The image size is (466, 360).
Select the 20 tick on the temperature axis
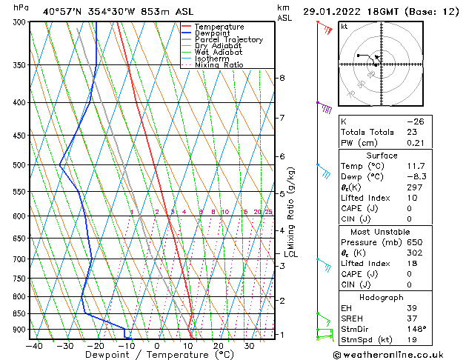click(x=218, y=345)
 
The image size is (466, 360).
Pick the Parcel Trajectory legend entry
click(x=228, y=40)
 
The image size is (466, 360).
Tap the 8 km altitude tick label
click(x=282, y=78)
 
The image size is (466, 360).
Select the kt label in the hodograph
click(x=344, y=26)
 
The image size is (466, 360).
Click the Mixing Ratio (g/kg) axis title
click(x=290, y=208)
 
